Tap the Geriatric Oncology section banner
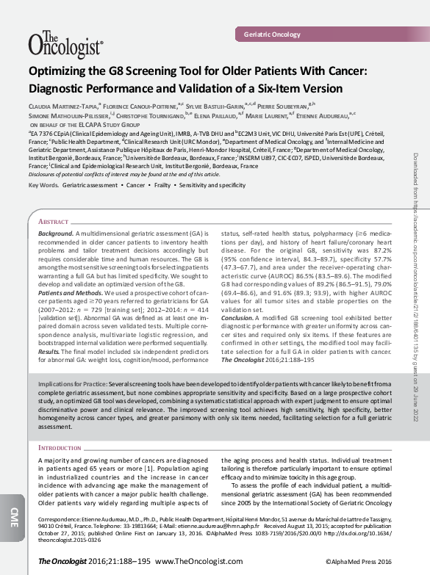click(x=272, y=35)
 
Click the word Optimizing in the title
click(x=60, y=71)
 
